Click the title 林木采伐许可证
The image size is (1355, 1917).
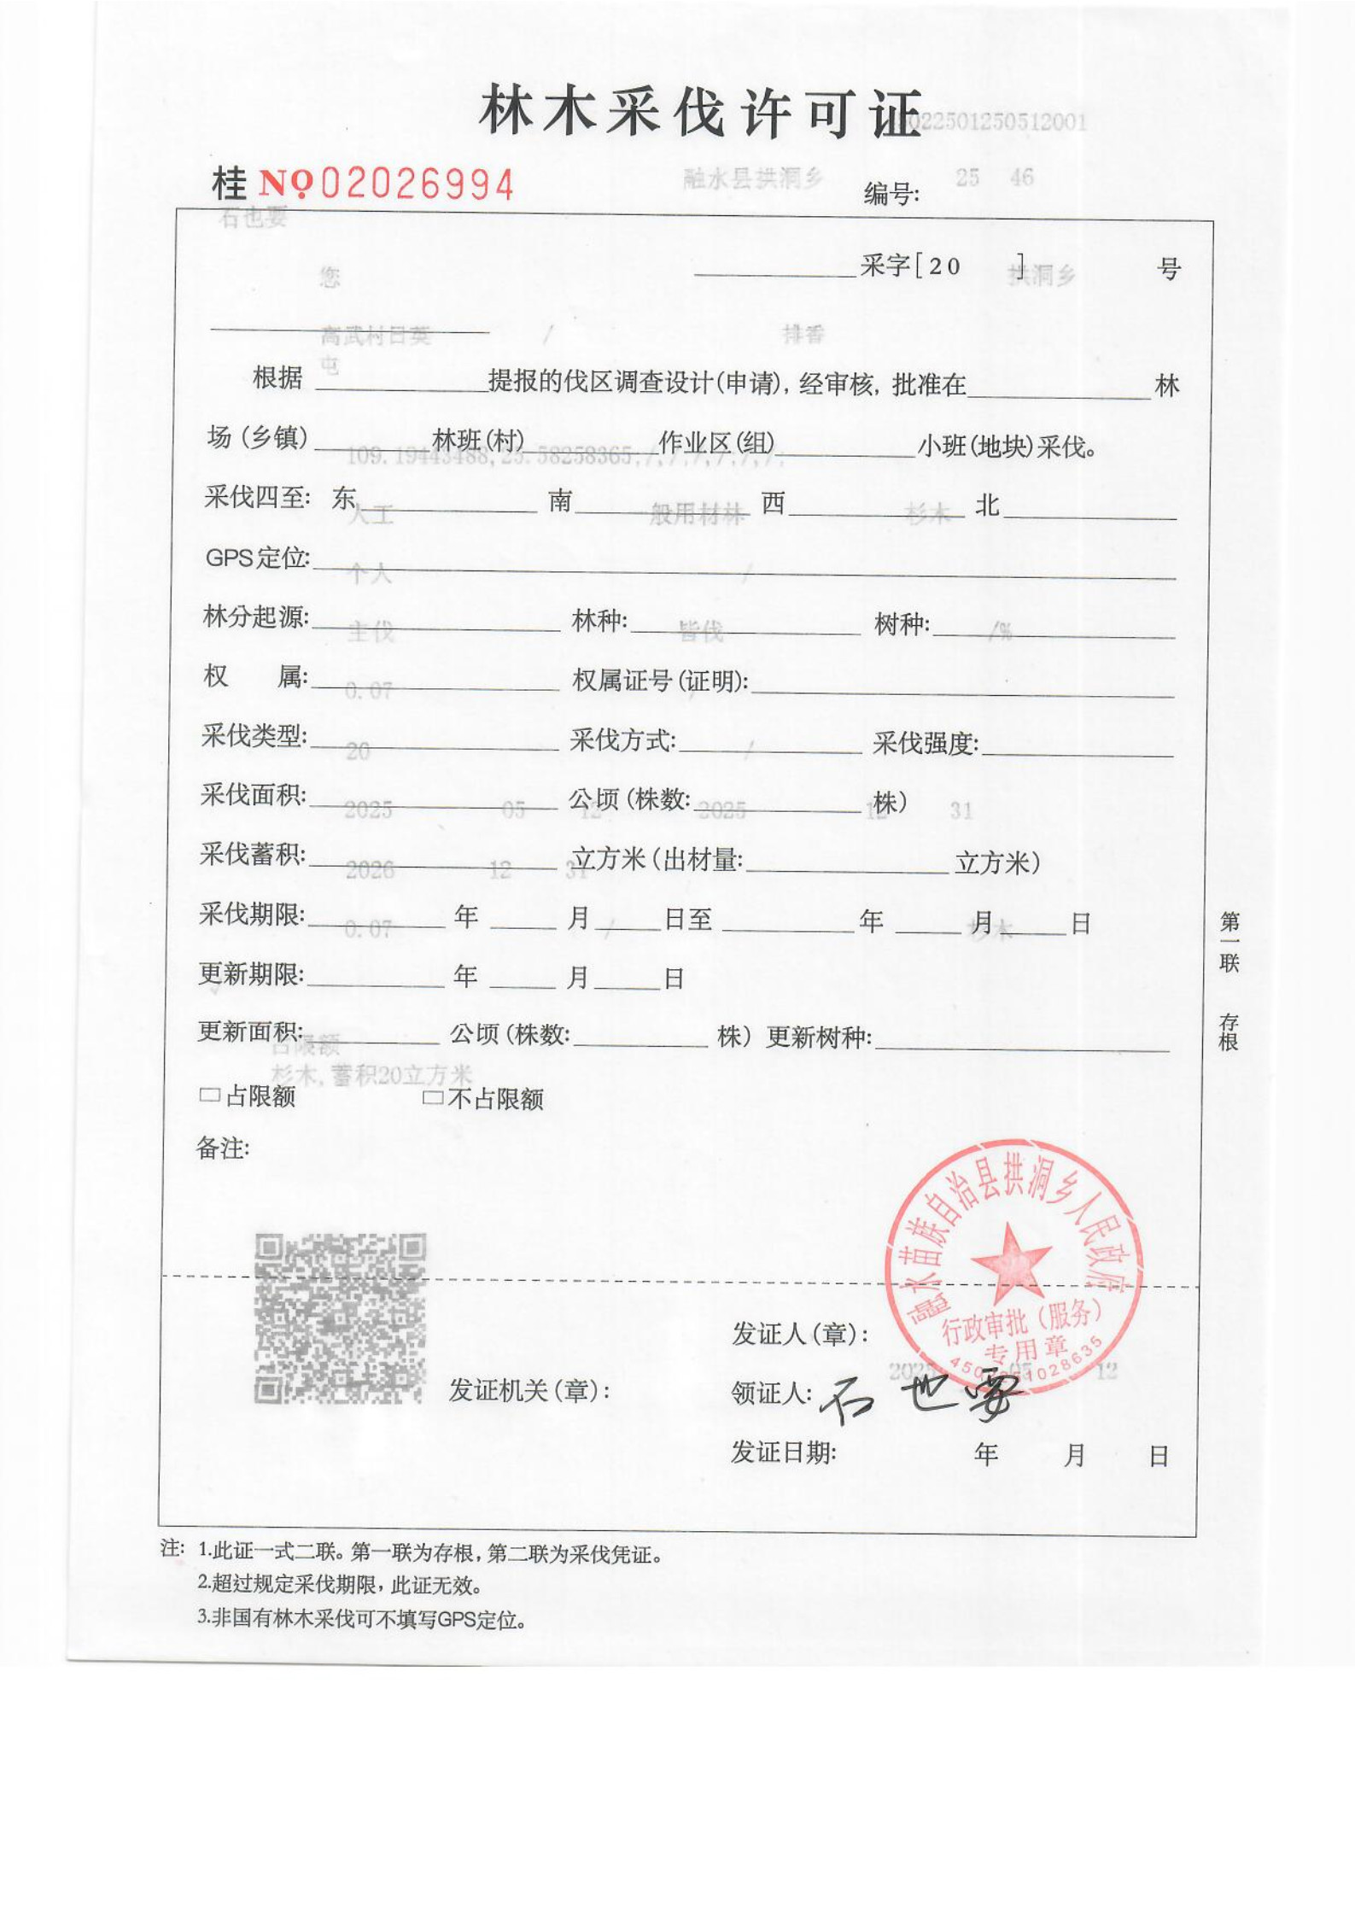tap(700, 114)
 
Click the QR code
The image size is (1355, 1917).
tap(340, 1318)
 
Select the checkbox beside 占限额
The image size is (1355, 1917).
tap(209, 1095)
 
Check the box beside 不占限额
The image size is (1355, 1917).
tap(433, 1097)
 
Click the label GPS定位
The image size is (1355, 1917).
tap(257, 558)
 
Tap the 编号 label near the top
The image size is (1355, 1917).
tap(891, 195)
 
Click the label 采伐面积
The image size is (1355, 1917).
tap(254, 795)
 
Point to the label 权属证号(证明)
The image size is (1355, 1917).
tap(660, 681)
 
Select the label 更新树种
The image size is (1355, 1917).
tap(818, 1037)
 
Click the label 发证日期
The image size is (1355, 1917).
tap(783, 1452)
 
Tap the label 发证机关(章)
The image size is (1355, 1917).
tap(529, 1390)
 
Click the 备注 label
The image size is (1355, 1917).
tap(222, 1148)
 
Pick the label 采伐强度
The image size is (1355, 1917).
tap(926, 743)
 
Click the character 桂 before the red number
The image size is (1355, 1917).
tap(229, 184)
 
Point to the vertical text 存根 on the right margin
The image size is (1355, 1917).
tap(1228, 1032)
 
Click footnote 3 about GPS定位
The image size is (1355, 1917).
tap(362, 1619)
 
